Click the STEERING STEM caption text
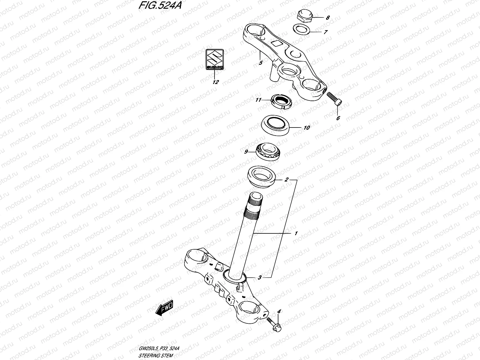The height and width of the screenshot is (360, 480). [x=156, y=356]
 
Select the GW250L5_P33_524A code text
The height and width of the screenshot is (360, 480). [x=159, y=349]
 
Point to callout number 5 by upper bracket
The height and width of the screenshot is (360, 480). [x=260, y=63]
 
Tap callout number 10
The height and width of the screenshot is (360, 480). [x=306, y=127]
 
